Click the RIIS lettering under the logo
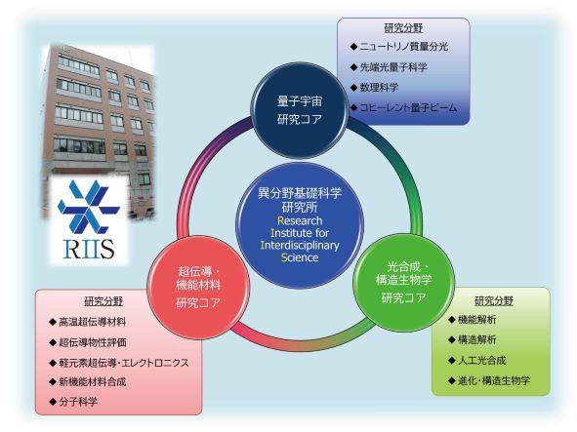[89, 249]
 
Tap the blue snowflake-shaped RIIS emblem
[89, 207]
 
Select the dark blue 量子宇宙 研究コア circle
[299, 110]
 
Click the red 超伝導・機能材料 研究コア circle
[198, 287]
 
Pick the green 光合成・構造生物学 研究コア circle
[403, 283]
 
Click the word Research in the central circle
[300, 220]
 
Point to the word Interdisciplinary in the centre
[300, 245]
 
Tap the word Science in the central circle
[300, 257]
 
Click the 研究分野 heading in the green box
[493, 301]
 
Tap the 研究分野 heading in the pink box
[103, 301]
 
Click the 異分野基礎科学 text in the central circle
[300, 193]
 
